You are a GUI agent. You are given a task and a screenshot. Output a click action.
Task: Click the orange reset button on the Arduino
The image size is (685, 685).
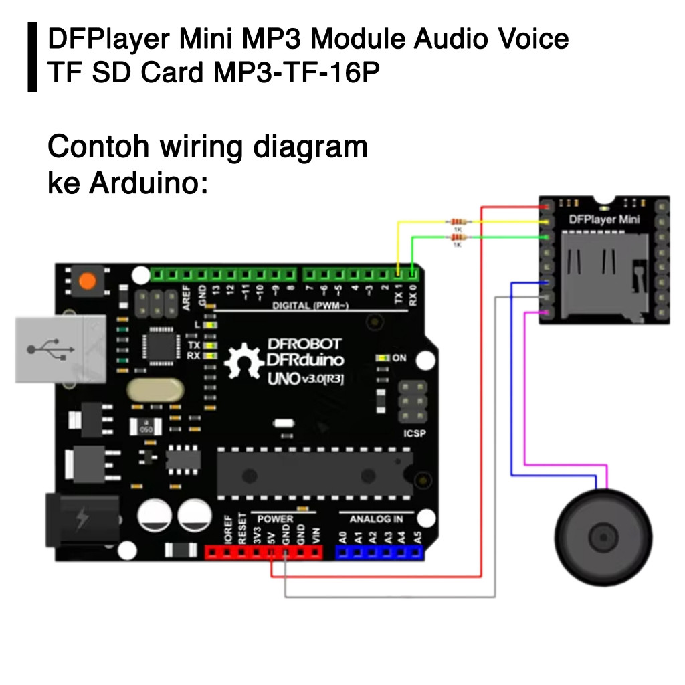87,280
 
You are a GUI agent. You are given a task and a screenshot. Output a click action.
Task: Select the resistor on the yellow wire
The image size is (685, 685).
458,221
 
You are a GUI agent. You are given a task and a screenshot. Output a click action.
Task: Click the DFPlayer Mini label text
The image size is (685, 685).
604,219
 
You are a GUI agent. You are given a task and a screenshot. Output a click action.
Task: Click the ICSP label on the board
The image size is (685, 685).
414,433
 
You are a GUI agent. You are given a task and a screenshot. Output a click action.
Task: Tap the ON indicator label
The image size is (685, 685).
399,358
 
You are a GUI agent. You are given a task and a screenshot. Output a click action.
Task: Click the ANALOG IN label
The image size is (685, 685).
375,518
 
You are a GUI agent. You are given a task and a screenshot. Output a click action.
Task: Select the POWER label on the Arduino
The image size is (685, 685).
275,518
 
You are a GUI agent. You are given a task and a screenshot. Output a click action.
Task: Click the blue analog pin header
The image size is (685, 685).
379,553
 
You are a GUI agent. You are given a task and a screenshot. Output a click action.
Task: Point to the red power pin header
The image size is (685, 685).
264,553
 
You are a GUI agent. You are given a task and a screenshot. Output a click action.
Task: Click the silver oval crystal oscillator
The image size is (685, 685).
155,391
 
